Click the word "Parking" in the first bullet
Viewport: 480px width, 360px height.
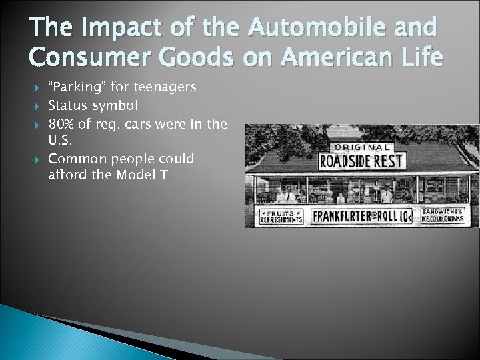[75, 87]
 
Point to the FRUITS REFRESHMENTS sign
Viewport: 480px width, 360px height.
[281, 217]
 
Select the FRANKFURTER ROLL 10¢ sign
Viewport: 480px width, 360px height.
[363, 217]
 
